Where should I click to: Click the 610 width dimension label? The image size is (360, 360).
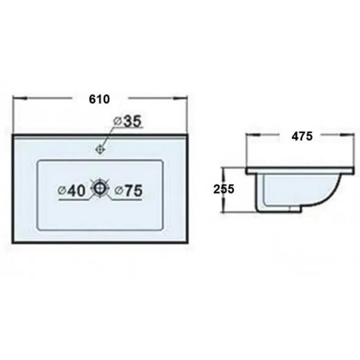tap(100, 99)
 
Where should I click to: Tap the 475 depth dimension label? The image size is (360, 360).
tap(302, 135)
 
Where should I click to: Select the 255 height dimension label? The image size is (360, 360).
tap(224, 189)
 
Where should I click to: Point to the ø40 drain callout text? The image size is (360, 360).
tap(72, 191)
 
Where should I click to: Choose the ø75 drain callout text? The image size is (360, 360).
tap(129, 191)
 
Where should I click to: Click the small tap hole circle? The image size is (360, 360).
tap(100, 148)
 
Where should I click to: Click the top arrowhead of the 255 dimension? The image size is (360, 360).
tap(222, 171)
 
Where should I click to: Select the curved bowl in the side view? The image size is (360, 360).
tap(297, 191)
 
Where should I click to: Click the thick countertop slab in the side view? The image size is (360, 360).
tap(300, 171)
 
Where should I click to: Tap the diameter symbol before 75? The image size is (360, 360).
tap(118, 191)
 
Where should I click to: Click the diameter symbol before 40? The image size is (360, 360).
tap(61, 191)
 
